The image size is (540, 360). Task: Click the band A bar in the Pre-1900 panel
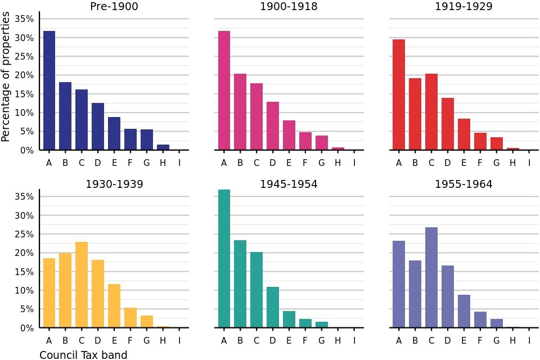49,91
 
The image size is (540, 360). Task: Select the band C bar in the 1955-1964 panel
431,277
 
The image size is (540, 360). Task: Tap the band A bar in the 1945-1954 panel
224,259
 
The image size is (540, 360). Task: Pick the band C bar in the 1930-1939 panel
82,285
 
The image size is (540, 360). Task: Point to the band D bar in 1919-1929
448,124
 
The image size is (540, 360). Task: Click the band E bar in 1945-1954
289,319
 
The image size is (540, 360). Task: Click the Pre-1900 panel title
114,7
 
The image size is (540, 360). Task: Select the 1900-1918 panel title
289,7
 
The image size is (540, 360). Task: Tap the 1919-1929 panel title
463,7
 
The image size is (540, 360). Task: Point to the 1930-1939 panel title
114,184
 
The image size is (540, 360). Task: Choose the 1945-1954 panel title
289,184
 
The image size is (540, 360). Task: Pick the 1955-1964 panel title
463,184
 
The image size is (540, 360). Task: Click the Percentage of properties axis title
6,78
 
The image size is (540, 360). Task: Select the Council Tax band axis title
83,355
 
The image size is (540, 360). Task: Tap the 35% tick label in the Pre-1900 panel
23,19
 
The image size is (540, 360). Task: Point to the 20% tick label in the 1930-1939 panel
23,253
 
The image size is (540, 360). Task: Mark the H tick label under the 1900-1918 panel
338,163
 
